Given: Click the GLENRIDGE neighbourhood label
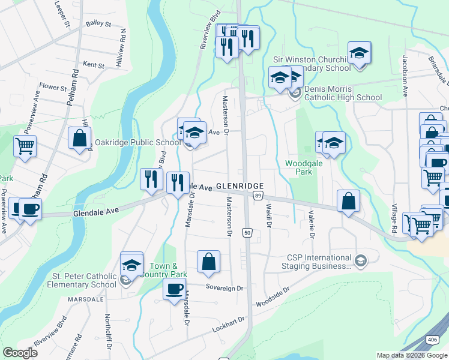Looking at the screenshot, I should tap(240, 186).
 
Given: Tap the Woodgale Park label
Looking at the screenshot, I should tap(299, 167).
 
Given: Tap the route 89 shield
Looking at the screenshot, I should tap(258, 196).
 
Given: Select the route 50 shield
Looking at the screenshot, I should tap(246, 232).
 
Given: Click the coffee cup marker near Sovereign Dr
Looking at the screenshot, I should tap(175, 289).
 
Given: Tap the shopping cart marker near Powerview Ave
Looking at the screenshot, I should tap(25, 146).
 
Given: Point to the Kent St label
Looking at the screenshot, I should tap(94, 64).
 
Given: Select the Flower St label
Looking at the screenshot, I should tap(52, 88).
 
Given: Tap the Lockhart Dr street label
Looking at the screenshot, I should tap(229, 326).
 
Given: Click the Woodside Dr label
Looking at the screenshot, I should tap(273, 297).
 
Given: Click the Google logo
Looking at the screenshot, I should tap(20, 352).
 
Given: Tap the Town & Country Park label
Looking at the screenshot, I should tap(164, 270).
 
